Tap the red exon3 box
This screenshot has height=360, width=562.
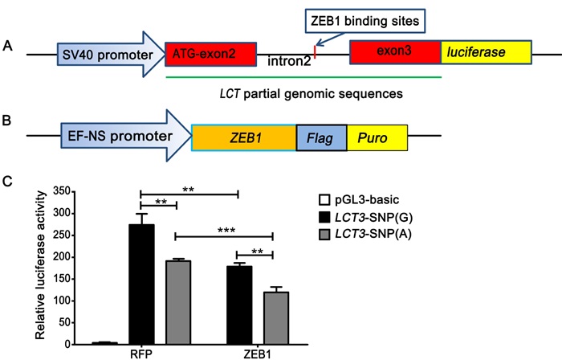click(395, 54)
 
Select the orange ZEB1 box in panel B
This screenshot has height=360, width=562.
click(244, 138)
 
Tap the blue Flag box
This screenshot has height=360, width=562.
click(321, 138)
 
